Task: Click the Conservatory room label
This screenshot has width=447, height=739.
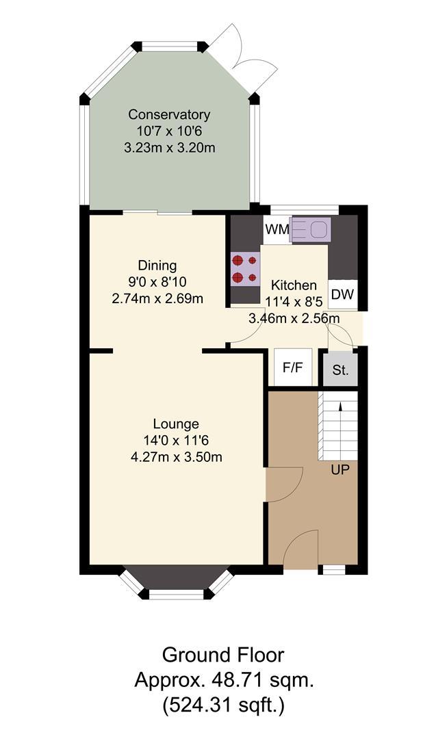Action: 169,114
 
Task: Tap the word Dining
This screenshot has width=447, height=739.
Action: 157,265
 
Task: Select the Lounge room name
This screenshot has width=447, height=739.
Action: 176,424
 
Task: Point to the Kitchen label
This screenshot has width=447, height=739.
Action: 294,285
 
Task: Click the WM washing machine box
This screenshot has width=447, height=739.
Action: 277,230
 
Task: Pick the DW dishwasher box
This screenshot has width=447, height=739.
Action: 342,294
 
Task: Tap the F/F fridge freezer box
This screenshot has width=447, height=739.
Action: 293,367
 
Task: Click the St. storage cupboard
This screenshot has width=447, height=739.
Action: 340,370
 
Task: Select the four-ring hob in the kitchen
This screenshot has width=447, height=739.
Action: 244,269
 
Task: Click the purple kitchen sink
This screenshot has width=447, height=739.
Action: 311,229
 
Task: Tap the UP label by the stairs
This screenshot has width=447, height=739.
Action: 340,470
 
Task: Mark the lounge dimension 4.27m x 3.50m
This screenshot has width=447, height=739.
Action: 177,456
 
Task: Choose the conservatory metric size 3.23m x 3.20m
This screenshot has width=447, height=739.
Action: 170,148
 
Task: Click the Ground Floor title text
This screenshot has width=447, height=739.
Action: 223,655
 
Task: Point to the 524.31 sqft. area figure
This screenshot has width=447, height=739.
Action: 223,705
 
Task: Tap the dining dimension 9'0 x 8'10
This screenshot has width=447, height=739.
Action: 157,282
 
